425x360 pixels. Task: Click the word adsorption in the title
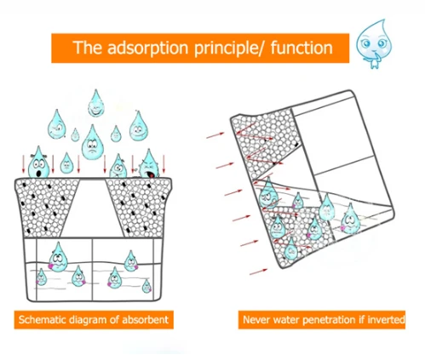[147, 48]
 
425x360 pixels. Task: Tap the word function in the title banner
[302, 47]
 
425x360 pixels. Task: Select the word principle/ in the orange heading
[230, 49]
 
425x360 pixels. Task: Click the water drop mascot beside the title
[374, 43]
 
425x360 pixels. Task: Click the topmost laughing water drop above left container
[96, 104]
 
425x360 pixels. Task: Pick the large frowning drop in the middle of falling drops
[92, 142]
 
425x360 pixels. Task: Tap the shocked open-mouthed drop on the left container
[38, 163]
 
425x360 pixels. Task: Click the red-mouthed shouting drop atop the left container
[149, 164]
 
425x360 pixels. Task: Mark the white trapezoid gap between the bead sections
[93, 209]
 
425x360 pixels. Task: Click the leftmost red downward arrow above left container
[24, 164]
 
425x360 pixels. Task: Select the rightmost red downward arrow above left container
[164, 164]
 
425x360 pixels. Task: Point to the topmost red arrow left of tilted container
[215, 135]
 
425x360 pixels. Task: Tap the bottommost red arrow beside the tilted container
[258, 271]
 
